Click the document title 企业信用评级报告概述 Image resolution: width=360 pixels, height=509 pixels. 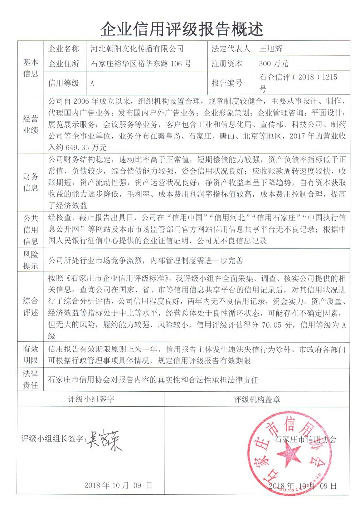click(x=182, y=28)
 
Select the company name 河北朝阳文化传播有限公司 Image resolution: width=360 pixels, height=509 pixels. click(x=137, y=49)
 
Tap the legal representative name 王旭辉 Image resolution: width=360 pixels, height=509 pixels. click(x=271, y=49)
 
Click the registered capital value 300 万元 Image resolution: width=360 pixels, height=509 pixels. click(x=273, y=64)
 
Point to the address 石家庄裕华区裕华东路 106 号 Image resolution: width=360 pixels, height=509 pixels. click(x=141, y=64)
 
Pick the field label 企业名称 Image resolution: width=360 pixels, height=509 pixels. click(x=64, y=49)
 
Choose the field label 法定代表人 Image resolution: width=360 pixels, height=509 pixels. click(x=230, y=49)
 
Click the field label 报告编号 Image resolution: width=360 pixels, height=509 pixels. click(x=227, y=83)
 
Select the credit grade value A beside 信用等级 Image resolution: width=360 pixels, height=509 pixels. click(x=92, y=83)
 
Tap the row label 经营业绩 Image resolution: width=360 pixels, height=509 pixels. click(x=30, y=124)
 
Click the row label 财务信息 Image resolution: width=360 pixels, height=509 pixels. click(x=30, y=182)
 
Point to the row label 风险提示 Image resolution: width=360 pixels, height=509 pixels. click(x=30, y=260)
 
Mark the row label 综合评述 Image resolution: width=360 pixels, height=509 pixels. click(x=30, y=307)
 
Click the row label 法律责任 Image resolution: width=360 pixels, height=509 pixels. click(x=30, y=379)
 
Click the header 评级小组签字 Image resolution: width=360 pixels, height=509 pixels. click(x=91, y=399)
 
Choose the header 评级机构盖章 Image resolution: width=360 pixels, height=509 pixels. click(x=257, y=400)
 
